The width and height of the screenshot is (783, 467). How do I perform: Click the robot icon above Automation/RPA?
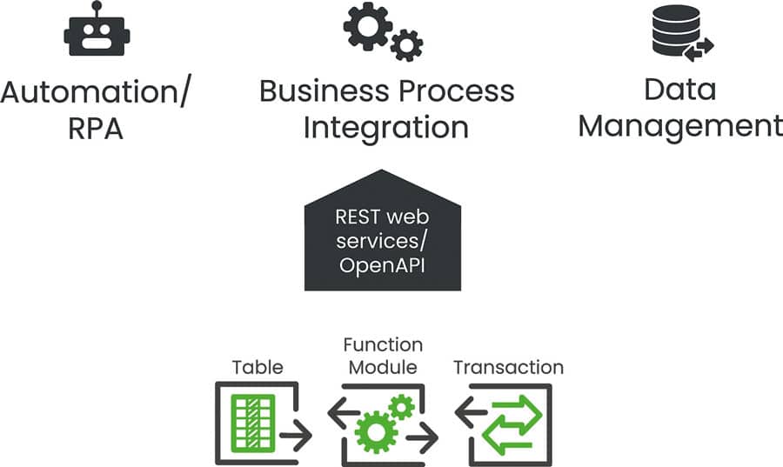pos(97,35)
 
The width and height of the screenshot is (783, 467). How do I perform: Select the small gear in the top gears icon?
pos(406,44)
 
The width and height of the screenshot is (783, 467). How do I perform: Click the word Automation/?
pos(96,91)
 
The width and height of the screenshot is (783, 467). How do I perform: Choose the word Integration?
pos(385,128)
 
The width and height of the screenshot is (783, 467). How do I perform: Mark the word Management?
pos(680,127)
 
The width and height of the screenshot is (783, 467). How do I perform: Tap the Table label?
pos(257,367)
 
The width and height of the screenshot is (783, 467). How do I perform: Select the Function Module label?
pos(384,356)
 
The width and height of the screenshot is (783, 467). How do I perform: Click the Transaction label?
pos(508,367)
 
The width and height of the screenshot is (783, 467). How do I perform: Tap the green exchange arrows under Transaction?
pos(512,424)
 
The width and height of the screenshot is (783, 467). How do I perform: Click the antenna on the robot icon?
pos(97,7)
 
